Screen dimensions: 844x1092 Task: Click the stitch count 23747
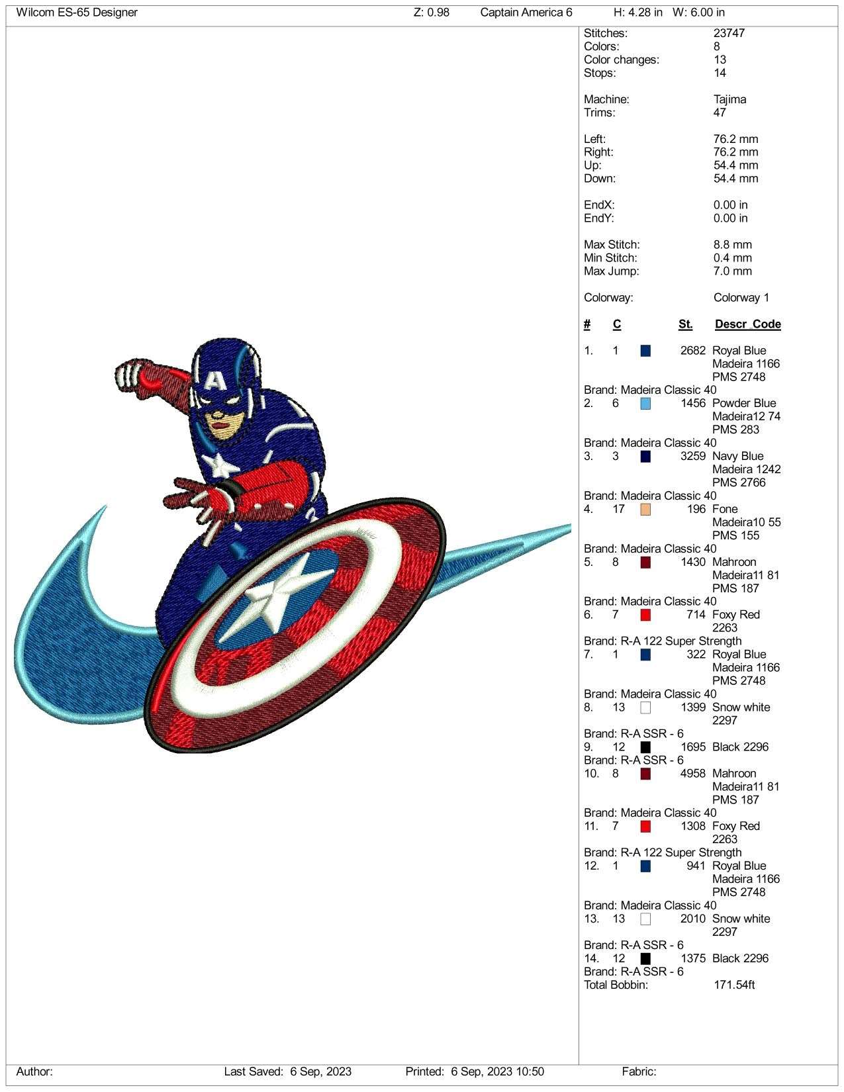[729, 33]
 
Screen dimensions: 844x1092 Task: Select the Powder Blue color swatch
[645, 404]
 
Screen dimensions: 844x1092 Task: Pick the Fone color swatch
[645, 510]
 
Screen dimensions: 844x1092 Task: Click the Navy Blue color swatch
[645, 456]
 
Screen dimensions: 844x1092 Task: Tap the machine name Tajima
[730, 99]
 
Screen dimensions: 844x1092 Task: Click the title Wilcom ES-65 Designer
[77, 13]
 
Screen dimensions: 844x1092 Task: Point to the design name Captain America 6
[526, 13]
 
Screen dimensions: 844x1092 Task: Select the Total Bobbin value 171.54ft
[734, 985]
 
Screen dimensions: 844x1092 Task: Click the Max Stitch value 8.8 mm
[732, 245]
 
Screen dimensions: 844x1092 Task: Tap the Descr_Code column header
[748, 324]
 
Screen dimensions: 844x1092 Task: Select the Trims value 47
[720, 113]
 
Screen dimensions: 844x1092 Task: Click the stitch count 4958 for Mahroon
[692, 774]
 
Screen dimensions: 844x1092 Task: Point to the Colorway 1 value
[741, 298]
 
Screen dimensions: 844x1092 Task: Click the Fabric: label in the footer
[639, 1071]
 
